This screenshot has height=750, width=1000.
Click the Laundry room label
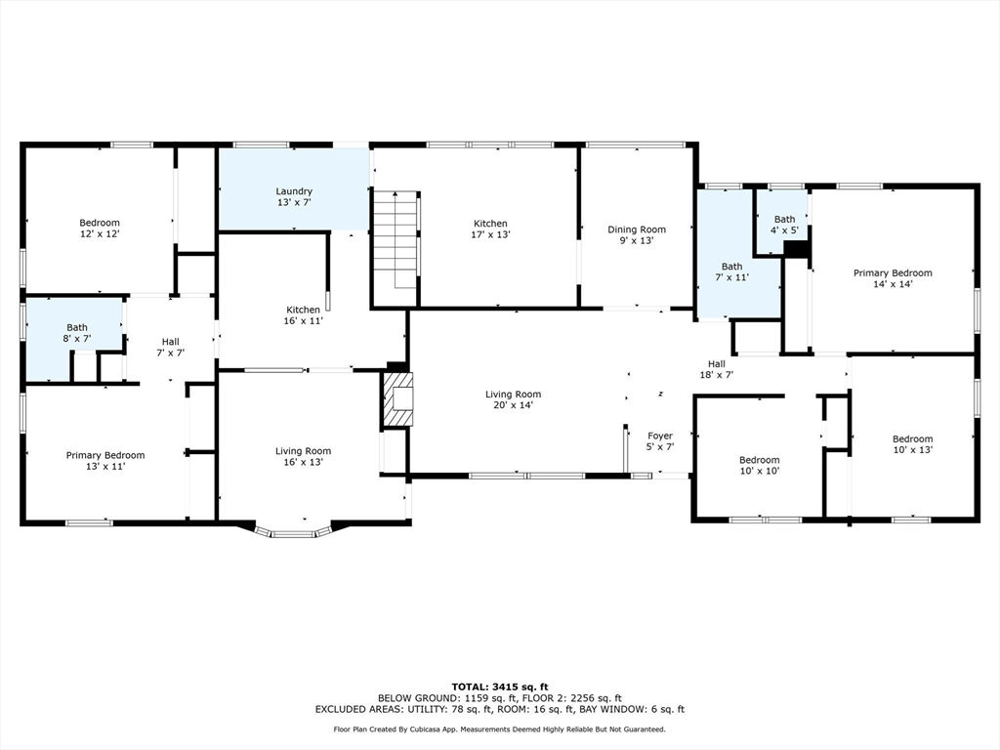[x=294, y=196]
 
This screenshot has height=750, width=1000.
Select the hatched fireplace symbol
[x=397, y=399]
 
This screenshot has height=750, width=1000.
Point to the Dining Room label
[x=637, y=234]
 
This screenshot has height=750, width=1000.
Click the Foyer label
[x=659, y=441]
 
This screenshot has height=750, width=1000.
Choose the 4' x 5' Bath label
[x=784, y=225]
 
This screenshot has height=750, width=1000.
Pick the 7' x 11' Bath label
[x=732, y=272]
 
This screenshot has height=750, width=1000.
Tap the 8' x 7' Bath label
[x=77, y=333]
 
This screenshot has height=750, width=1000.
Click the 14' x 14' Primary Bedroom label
[x=893, y=278]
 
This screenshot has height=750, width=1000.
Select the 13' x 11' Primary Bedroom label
[x=105, y=461]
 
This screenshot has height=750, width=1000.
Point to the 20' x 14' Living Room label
[x=513, y=399]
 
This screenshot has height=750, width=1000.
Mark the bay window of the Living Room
[x=293, y=531]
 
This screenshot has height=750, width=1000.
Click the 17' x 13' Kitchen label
[x=490, y=229]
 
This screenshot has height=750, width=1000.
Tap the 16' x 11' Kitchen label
[x=303, y=315]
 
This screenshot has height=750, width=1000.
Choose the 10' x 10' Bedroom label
[x=759, y=465]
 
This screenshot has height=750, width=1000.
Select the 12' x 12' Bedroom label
[x=100, y=228]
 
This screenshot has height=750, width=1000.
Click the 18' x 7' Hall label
[x=716, y=369]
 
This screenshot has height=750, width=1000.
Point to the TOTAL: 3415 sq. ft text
[x=500, y=687]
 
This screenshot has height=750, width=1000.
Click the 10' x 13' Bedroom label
[x=912, y=444]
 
